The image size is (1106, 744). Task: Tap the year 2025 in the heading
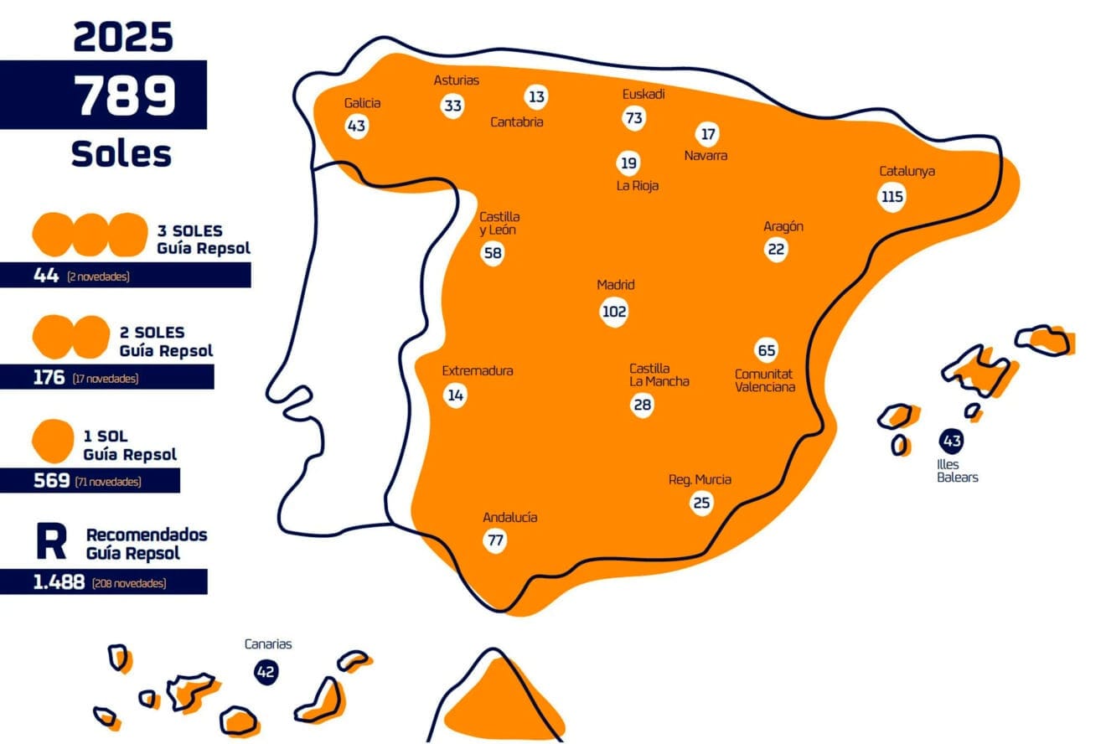coord(123,37)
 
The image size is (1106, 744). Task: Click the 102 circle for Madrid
coord(614,312)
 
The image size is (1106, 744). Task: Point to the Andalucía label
coord(510,518)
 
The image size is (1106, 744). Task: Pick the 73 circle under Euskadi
coord(633,118)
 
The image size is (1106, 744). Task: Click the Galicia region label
coord(362,103)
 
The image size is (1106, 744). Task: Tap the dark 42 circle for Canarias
coord(266,671)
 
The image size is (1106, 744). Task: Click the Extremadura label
coord(478,371)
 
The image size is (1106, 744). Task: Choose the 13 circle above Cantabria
coord(536,97)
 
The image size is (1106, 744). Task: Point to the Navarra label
coord(705,156)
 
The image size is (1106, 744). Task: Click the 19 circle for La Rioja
coord(628,163)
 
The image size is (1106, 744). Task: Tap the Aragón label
coord(783,226)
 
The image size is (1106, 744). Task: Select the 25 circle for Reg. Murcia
coord(701,503)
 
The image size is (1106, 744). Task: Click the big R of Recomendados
coord(51,543)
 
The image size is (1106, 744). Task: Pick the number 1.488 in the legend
coord(59,582)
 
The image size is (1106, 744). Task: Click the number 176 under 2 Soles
coord(49,378)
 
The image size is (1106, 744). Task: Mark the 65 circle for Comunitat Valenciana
coord(766,350)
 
